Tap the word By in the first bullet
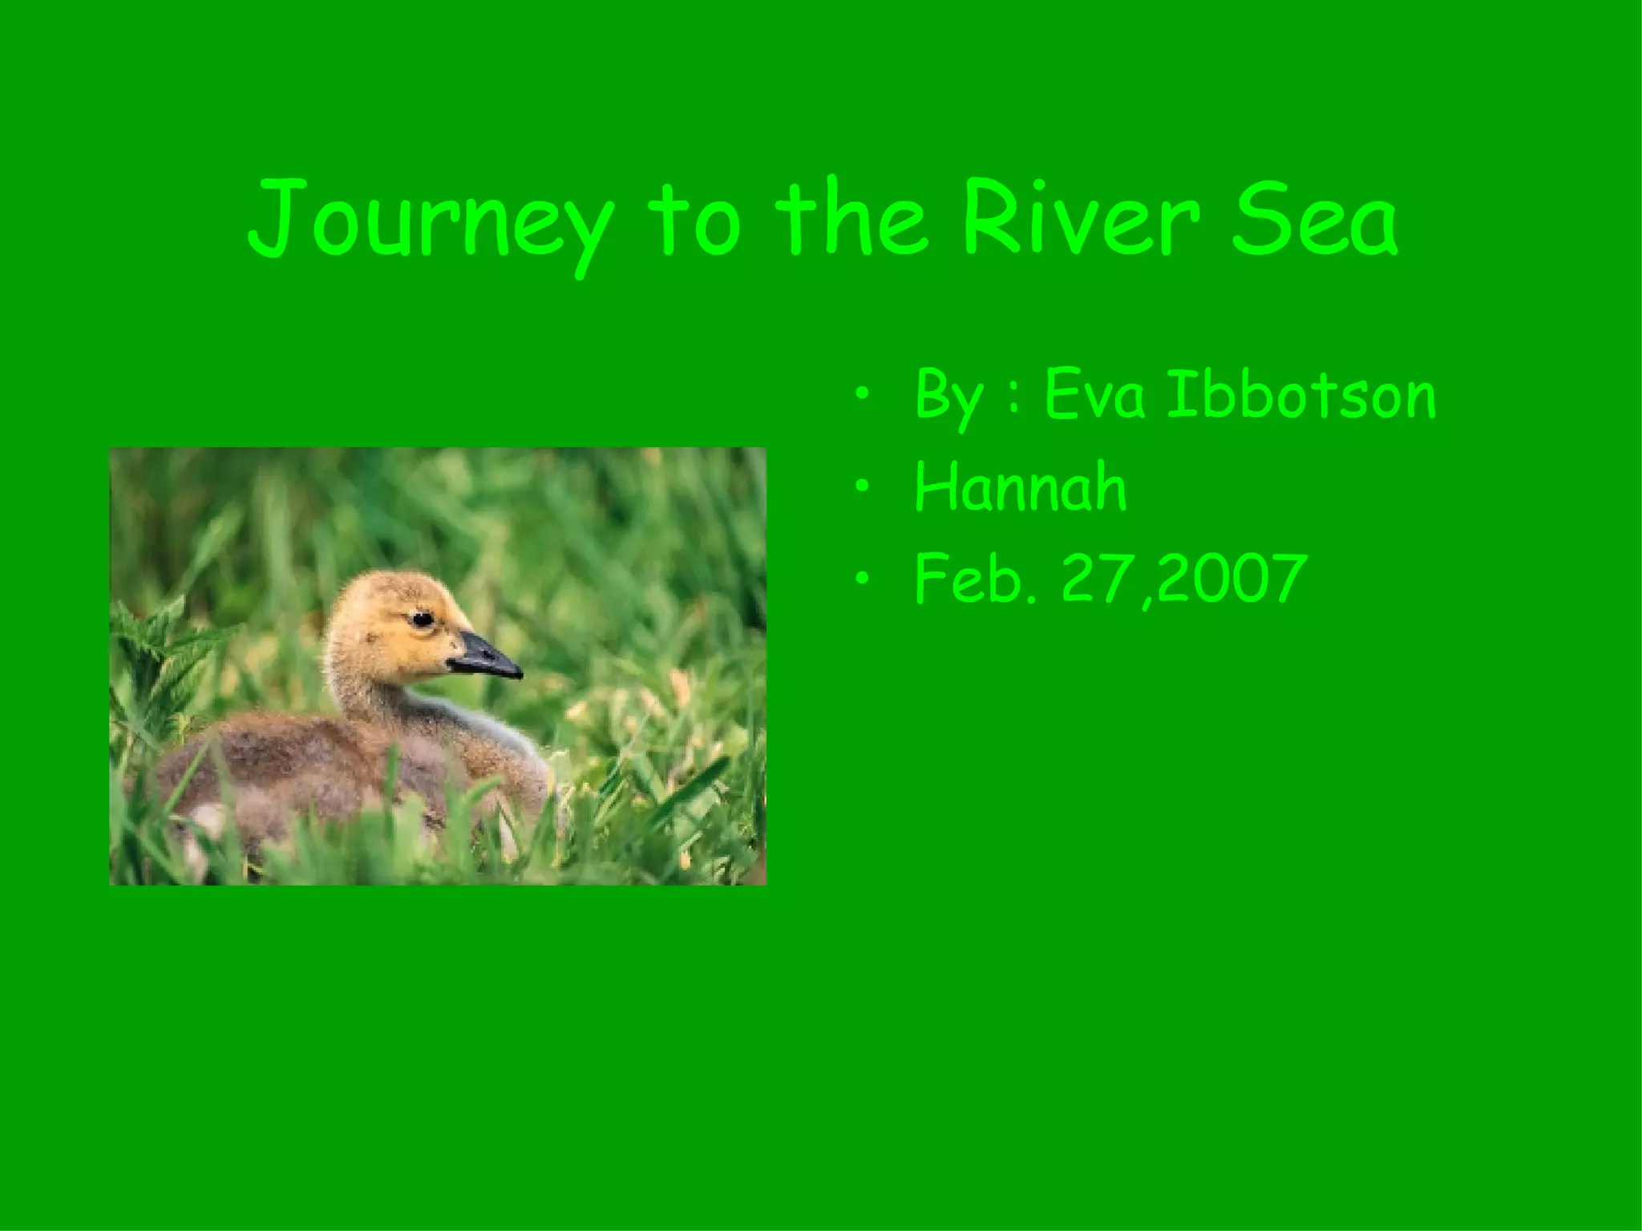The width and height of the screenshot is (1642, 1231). [x=947, y=399]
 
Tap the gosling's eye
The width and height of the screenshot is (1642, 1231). [x=422, y=618]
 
